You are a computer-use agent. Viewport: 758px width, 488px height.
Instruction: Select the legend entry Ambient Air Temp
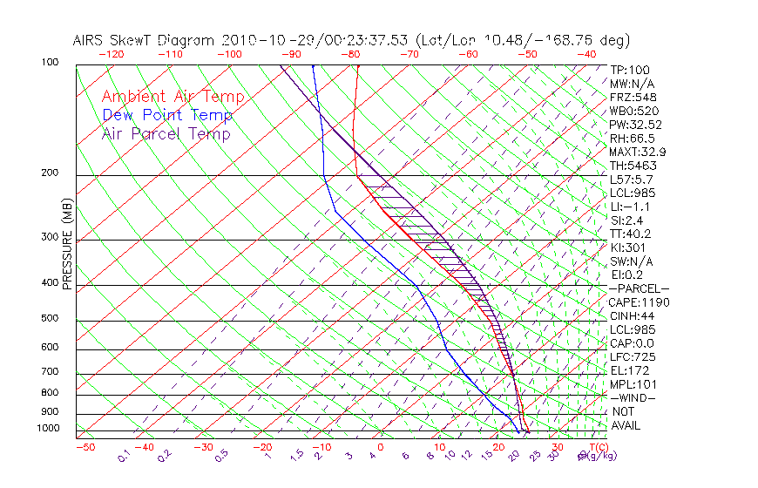point(173,97)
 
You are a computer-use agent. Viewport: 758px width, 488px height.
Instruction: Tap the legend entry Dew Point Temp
point(167,115)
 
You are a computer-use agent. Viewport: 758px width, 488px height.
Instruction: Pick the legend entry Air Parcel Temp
point(166,133)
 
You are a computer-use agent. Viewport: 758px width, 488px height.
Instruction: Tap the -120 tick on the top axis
point(111,53)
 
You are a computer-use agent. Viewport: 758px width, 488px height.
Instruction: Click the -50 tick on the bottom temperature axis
point(85,448)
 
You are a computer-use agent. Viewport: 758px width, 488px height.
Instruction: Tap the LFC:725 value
point(633,357)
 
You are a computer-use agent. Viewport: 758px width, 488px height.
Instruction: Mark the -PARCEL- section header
point(640,288)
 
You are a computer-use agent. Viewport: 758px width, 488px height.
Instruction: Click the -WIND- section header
point(633,397)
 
